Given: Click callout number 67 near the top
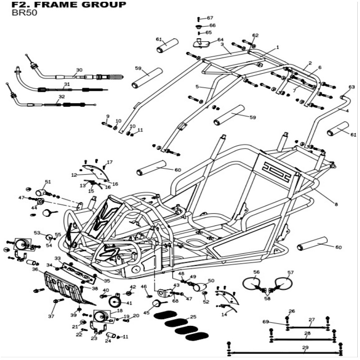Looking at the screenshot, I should [x=210, y=18].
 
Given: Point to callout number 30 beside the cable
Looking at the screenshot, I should [x=79, y=70].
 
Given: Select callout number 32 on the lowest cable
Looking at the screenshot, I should [x=62, y=97].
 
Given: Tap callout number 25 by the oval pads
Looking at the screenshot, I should [x=193, y=317].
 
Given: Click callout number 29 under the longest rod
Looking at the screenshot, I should [x=306, y=348].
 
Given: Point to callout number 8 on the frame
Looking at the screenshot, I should [x=336, y=205].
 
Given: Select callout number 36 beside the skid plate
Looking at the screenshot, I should [x=35, y=269].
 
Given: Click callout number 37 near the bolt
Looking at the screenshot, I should [x=51, y=317].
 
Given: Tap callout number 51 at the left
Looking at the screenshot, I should [x=48, y=182].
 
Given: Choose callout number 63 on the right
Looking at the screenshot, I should [x=351, y=87].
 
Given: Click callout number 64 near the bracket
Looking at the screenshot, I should [x=220, y=40].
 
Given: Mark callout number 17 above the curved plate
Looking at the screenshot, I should [x=109, y=162].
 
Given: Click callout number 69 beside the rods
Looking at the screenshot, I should [x=265, y=322].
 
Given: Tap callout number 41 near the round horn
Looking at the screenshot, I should [x=129, y=303].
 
